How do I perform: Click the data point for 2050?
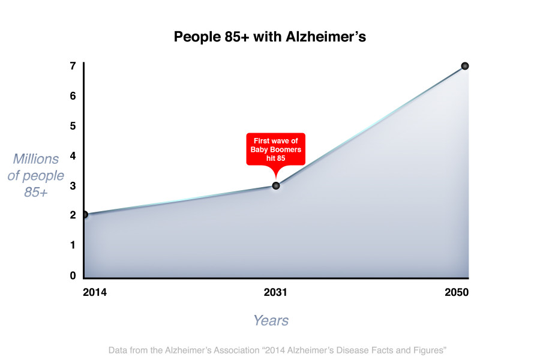pyautogui.click(x=464, y=66)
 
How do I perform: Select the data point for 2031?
pyautogui.click(x=276, y=185)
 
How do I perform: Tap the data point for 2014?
pyautogui.click(x=85, y=215)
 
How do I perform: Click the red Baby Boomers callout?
pyautogui.click(x=275, y=150)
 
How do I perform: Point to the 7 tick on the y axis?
pyautogui.click(x=73, y=66)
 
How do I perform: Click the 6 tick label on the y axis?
pyautogui.click(x=73, y=96)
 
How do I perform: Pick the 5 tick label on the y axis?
pyautogui.click(x=73, y=126)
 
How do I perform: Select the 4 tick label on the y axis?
pyautogui.click(x=73, y=156)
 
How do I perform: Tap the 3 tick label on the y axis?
pyautogui.click(x=73, y=186)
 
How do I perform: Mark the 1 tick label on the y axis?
pyautogui.click(x=73, y=245)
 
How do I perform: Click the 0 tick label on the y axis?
pyautogui.click(x=73, y=275)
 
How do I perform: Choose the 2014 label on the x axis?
pyautogui.click(x=95, y=292)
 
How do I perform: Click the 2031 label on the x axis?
pyautogui.click(x=275, y=292)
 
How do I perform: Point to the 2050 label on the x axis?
pyautogui.click(x=457, y=292)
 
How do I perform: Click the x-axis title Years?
pyautogui.click(x=271, y=320)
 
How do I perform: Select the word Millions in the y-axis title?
pyautogui.click(x=36, y=159)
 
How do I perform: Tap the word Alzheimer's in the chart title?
pyautogui.click(x=326, y=37)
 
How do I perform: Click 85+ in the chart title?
pyautogui.click(x=236, y=37)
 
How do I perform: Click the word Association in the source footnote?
pyautogui.click(x=236, y=350)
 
